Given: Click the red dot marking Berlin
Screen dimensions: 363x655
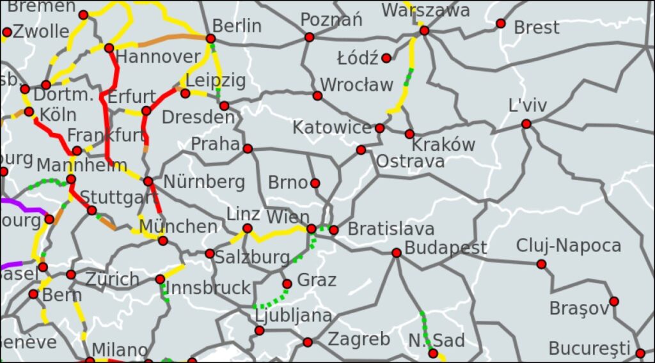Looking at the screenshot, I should pos(210,38).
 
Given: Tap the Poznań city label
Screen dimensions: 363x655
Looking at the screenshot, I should pos(331,20).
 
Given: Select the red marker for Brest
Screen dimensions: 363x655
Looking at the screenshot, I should pos(501,24).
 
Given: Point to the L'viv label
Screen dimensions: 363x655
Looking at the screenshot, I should pos(528,105).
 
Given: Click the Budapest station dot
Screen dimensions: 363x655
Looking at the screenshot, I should pos(397,253).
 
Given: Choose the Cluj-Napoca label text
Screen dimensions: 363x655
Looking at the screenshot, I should pos(569,245).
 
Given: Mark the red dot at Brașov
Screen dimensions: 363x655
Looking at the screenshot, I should pos(614,302).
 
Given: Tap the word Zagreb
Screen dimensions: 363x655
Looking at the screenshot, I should pos(359,339).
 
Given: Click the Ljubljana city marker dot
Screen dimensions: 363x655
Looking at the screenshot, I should pos(259,330).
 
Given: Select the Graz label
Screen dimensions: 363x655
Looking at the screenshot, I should pos(317,280).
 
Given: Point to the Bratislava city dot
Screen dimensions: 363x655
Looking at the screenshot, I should pos(334,230).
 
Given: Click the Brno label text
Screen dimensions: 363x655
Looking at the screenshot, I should pos(288,182).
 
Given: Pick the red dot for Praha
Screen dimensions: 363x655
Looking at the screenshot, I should pos(248,149).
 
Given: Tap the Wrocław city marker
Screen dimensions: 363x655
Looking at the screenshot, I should pos(317,96).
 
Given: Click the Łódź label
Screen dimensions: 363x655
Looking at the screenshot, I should pos(358,59).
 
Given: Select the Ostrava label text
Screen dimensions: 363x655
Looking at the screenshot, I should pos(410,162).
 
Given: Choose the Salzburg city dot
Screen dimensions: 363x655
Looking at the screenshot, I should pos(210,254).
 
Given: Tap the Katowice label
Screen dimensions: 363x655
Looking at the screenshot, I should pos(332,128).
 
